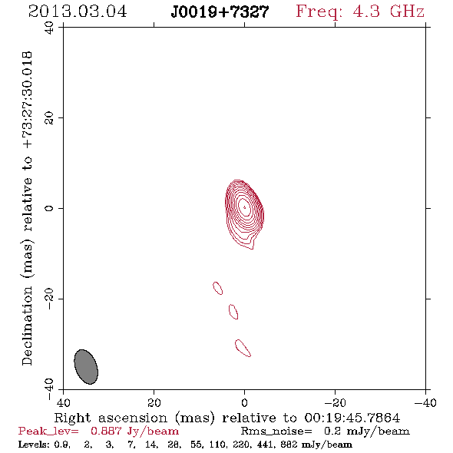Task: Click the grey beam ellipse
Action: pyautogui.click(x=86, y=367)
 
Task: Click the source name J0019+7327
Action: pyautogui.click(x=220, y=12)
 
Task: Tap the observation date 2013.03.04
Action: pyautogui.click(x=78, y=12)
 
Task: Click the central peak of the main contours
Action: pyautogui.click(x=245, y=207)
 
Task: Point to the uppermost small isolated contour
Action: pyautogui.click(x=218, y=288)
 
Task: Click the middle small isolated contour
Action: pyautogui.click(x=233, y=312)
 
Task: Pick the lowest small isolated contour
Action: pyautogui.click(x=243, y=348)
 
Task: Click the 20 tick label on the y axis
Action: pyautogui.click(x=49, y=118)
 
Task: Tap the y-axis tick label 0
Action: pyautogui.click(x=49, y=208)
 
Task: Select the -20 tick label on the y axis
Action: pyautogui.click(x=49, y=299)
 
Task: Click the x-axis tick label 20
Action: pyautogui.click(x=154, y=402)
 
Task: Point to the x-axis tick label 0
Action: pyautogui.click(x=245, y=402)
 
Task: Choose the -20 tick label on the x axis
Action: pyautogui.click(x=335, y=402)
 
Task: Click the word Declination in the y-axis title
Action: pyautogui.click(x=27, y=326)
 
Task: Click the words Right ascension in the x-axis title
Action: pyautogui.click(x=111, y=418)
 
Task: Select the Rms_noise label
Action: pyautogui.click(x=276, y=432)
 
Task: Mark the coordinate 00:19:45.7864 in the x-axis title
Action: pyautogui.click(x=352, y=418)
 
